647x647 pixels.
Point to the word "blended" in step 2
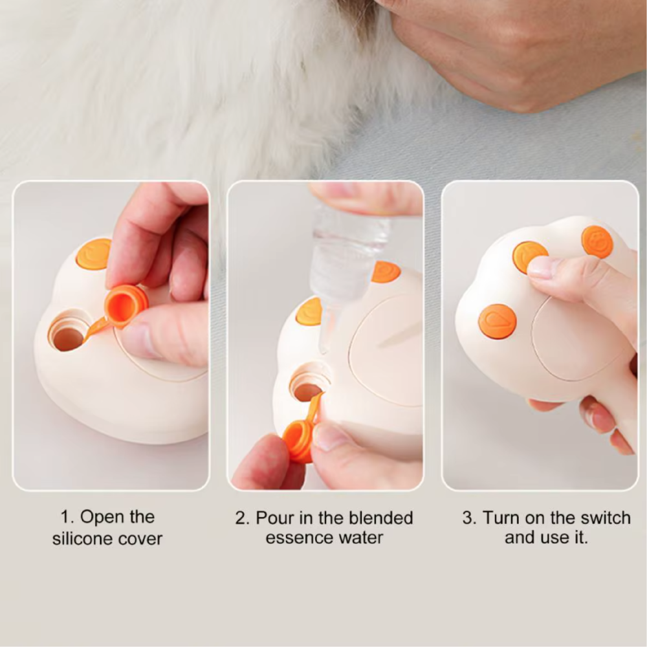click(x=381, y=518)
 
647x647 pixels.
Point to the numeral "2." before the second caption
click(x=243, y=518)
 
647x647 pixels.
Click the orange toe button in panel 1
click(x=93, y=254)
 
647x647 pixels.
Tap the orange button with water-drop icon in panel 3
click(x=497, y=322)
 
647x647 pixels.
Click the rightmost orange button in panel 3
click(x=597, y=242)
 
